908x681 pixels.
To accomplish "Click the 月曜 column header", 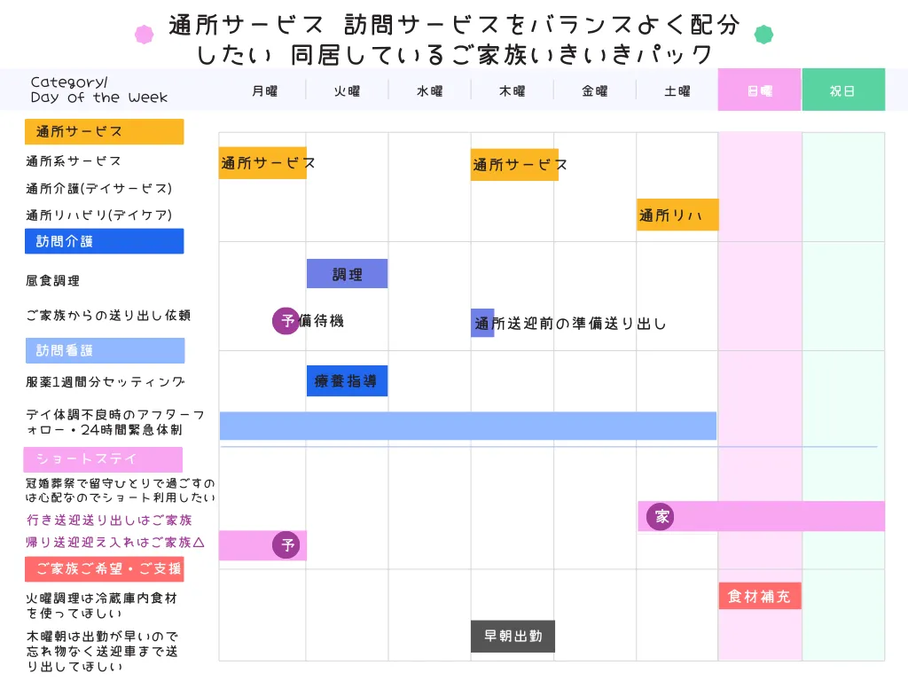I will click(x=264, y=90).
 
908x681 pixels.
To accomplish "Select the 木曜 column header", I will click(x=512, y=90).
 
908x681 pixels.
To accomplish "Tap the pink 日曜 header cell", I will click(x=760, y=90).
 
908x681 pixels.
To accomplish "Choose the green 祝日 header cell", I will click(x=842, y=90).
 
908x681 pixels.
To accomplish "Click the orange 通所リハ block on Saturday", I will click(x=677, y=215).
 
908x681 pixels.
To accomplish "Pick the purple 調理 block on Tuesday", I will click(x=347, y=274).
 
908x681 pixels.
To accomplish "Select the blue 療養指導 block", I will click(x=347, y=381).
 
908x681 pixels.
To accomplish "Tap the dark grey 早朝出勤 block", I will click(x=513, y=636).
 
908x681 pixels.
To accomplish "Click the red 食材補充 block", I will click(x=760, y=596).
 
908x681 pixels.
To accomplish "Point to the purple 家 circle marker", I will click(x=660, y=516).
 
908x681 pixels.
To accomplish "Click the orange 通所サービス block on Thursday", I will click(x=514, y=164).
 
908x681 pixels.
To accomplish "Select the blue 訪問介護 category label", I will click(x=104, y=241).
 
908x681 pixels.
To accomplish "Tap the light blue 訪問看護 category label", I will click(x=105, y=350).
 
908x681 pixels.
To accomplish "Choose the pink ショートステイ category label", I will click(x=103, y=459).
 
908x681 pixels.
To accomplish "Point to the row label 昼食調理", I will click(x=53, y=280).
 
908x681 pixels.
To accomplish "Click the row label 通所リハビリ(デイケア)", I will click(x=98, y=215).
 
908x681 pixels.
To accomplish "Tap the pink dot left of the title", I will click(x=144, y=35).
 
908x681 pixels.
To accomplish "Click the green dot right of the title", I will click(x=763, y=35).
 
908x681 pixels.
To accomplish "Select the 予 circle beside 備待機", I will click(x=286, y=320).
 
